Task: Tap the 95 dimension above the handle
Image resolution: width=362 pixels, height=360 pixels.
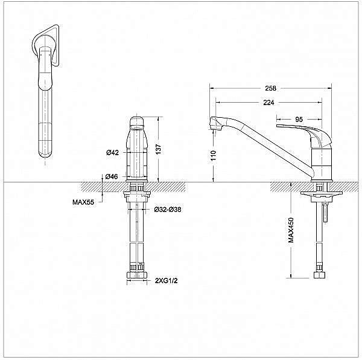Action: (299, 119)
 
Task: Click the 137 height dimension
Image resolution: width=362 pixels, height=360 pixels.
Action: (159, 149)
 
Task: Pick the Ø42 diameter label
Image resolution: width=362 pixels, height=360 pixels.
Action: (112, 152)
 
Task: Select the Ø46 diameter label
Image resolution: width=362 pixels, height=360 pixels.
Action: (112, 176)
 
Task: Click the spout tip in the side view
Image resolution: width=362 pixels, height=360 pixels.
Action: (213, 124)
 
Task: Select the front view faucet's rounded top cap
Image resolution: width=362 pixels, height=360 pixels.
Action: (138, 124)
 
